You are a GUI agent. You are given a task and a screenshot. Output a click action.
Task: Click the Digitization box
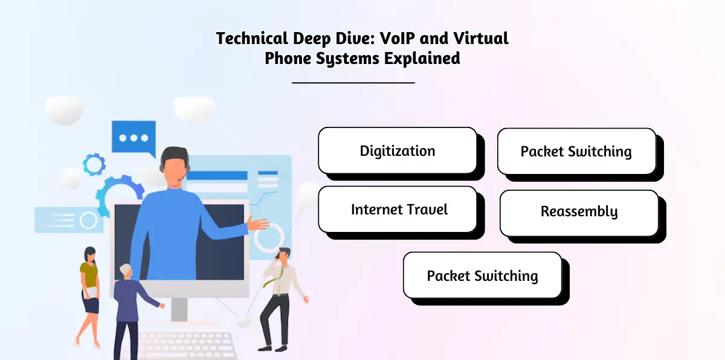398,150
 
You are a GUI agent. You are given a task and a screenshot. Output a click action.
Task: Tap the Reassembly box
579,212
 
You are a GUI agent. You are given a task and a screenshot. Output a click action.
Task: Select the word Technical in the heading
251,39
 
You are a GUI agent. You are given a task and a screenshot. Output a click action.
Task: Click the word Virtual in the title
482,39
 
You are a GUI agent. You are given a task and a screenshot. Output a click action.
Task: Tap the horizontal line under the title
353,82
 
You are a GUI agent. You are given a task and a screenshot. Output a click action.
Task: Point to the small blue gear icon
94,164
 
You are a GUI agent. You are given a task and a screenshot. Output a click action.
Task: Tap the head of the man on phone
284,255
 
